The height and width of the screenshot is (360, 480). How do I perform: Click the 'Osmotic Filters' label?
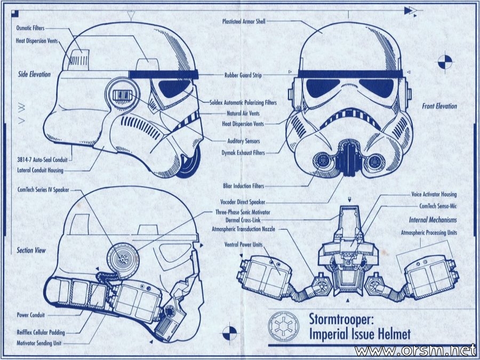point(30,28)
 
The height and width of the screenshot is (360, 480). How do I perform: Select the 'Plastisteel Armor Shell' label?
point(244,21)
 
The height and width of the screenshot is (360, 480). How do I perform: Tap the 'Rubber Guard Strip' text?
point(243,75)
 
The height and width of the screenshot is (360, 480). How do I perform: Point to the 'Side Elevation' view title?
point(34,74)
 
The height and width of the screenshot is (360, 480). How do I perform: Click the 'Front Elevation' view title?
point(439,106)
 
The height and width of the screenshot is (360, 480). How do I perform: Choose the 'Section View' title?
point(31,251)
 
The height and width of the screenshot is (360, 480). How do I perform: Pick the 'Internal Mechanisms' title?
point(433,220)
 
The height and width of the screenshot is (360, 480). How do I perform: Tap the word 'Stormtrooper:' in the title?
point(341,319)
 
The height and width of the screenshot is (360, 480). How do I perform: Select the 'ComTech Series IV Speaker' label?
point(43,190)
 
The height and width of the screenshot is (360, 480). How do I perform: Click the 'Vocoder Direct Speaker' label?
point(243,202)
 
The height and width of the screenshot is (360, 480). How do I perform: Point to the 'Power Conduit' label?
point(30,315)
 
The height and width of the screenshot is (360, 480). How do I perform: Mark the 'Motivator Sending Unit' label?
point(39,343)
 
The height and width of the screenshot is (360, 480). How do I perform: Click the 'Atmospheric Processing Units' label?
point(429,233)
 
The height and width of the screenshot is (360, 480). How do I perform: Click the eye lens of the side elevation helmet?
point(175,88)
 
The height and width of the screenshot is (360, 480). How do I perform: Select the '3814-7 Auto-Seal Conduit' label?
point(42,159)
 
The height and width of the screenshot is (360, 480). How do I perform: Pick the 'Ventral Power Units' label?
point(243,245)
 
